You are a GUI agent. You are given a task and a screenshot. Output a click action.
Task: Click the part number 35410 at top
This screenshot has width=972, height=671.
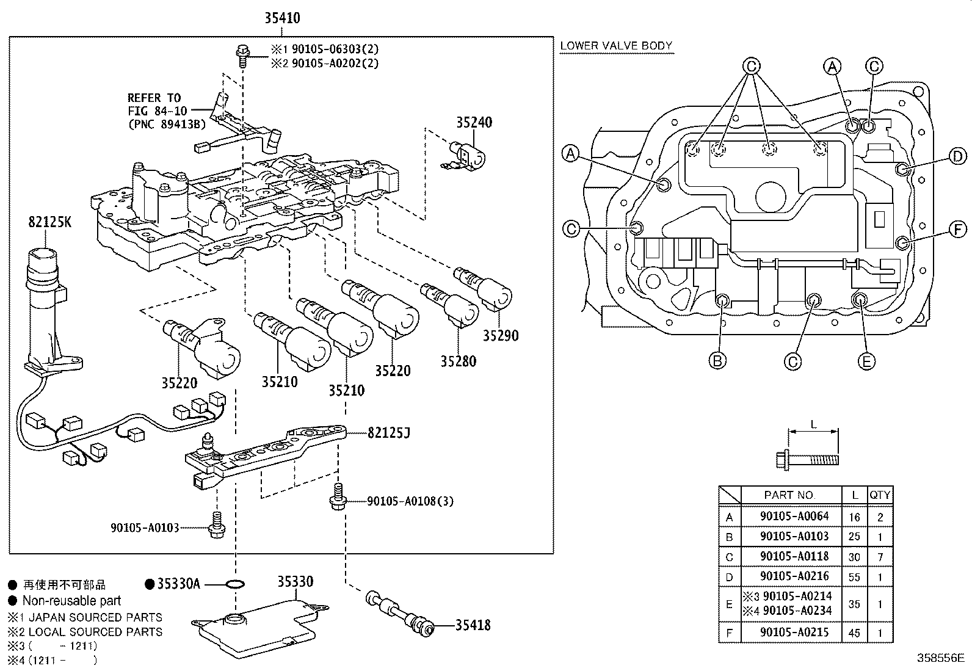(282, 18)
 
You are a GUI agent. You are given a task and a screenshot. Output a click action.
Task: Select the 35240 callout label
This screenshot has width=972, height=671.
(474, 122)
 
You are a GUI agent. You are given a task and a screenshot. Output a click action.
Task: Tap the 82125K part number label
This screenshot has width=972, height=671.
(49, 222)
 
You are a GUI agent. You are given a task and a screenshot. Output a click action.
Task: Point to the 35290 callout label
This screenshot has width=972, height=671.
(500, 335)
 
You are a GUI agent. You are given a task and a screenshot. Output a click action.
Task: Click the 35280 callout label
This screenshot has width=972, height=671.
(458, 361)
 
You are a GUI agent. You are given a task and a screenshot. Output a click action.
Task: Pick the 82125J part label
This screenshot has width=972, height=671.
(388, 433)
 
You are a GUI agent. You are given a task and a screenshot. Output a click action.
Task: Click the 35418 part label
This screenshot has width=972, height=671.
(472, 625)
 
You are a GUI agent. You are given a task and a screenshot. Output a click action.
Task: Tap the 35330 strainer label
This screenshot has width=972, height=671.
(296, 581)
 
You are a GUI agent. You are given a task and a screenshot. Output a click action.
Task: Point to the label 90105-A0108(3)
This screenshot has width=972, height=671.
(410, 501)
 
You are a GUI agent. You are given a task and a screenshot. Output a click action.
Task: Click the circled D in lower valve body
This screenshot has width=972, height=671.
(957, 157)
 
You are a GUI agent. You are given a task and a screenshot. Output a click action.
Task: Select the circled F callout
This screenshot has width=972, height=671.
(957, 230)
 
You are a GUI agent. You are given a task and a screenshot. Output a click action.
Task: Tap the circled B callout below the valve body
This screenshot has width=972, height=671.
(717, 361)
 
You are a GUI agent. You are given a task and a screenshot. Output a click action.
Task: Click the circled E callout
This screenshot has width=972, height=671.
(866, 361)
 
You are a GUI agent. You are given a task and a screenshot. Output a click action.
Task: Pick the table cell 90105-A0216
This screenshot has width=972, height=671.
(794, 576)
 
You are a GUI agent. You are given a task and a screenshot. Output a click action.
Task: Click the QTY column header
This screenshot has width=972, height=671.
(880, 495)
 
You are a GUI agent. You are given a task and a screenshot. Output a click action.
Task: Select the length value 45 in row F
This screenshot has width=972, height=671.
(854, 633)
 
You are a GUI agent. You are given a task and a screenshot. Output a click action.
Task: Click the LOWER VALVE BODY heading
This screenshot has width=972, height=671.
(615, 46)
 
